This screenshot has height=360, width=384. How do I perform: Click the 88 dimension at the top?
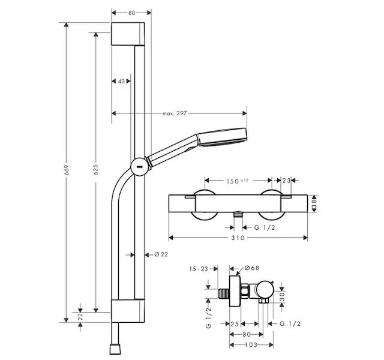click(x=130, y=11)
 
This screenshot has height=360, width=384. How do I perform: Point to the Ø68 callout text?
click(x=251, y=268)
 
